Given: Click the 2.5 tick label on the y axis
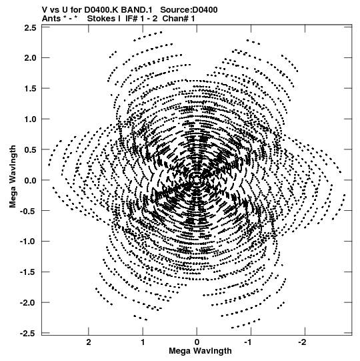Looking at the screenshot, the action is [31, 27].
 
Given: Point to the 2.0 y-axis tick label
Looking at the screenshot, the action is [31, 58].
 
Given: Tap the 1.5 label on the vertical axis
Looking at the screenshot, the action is [31, 88].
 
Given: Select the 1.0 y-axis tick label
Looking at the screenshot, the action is [31, 119].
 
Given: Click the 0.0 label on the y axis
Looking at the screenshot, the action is [31, 180].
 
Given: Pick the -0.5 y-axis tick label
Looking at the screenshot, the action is [28, 211].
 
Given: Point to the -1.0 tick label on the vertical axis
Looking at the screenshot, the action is [28, 242].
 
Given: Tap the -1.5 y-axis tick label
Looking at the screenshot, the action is [28, 272].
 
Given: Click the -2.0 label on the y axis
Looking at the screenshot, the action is [28, 303].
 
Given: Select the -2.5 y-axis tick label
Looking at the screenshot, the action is [28, 334].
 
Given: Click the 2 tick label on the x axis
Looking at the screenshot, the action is [89, 342].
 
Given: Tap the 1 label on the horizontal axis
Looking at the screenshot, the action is [143, 342].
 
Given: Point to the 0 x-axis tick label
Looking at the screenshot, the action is [197, 342].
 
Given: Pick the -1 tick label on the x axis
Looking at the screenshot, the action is [250, 342].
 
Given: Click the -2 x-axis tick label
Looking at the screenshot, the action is [304, 342].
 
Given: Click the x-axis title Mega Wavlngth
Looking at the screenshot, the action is [200, 351].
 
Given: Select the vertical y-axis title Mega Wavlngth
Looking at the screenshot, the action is [13, 177].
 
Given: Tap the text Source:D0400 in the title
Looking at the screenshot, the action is [189, 10].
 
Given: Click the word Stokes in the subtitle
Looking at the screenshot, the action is [104, 19].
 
